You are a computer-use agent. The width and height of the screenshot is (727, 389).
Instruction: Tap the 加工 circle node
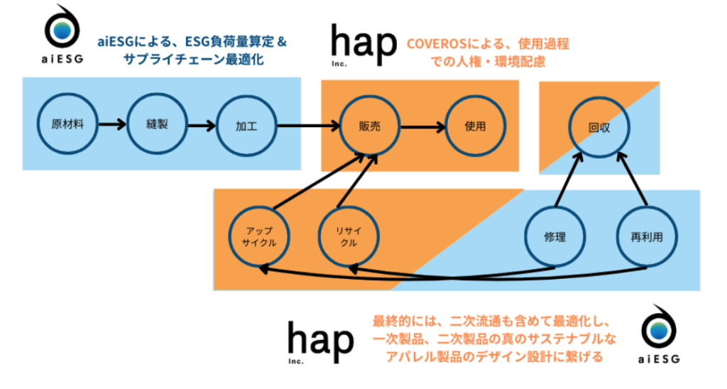246,126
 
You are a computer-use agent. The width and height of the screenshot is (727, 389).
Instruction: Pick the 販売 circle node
370,126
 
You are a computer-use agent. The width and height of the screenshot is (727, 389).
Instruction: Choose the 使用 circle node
475,126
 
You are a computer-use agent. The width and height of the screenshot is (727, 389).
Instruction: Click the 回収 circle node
599,128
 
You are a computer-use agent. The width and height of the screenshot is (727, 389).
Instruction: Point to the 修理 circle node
554,237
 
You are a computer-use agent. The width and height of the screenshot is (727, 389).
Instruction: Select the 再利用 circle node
645,237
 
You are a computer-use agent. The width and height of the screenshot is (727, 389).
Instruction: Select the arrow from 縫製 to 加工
201,126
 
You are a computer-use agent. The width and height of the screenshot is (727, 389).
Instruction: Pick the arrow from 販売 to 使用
422,126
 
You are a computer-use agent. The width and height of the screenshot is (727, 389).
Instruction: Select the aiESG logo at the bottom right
659,334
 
